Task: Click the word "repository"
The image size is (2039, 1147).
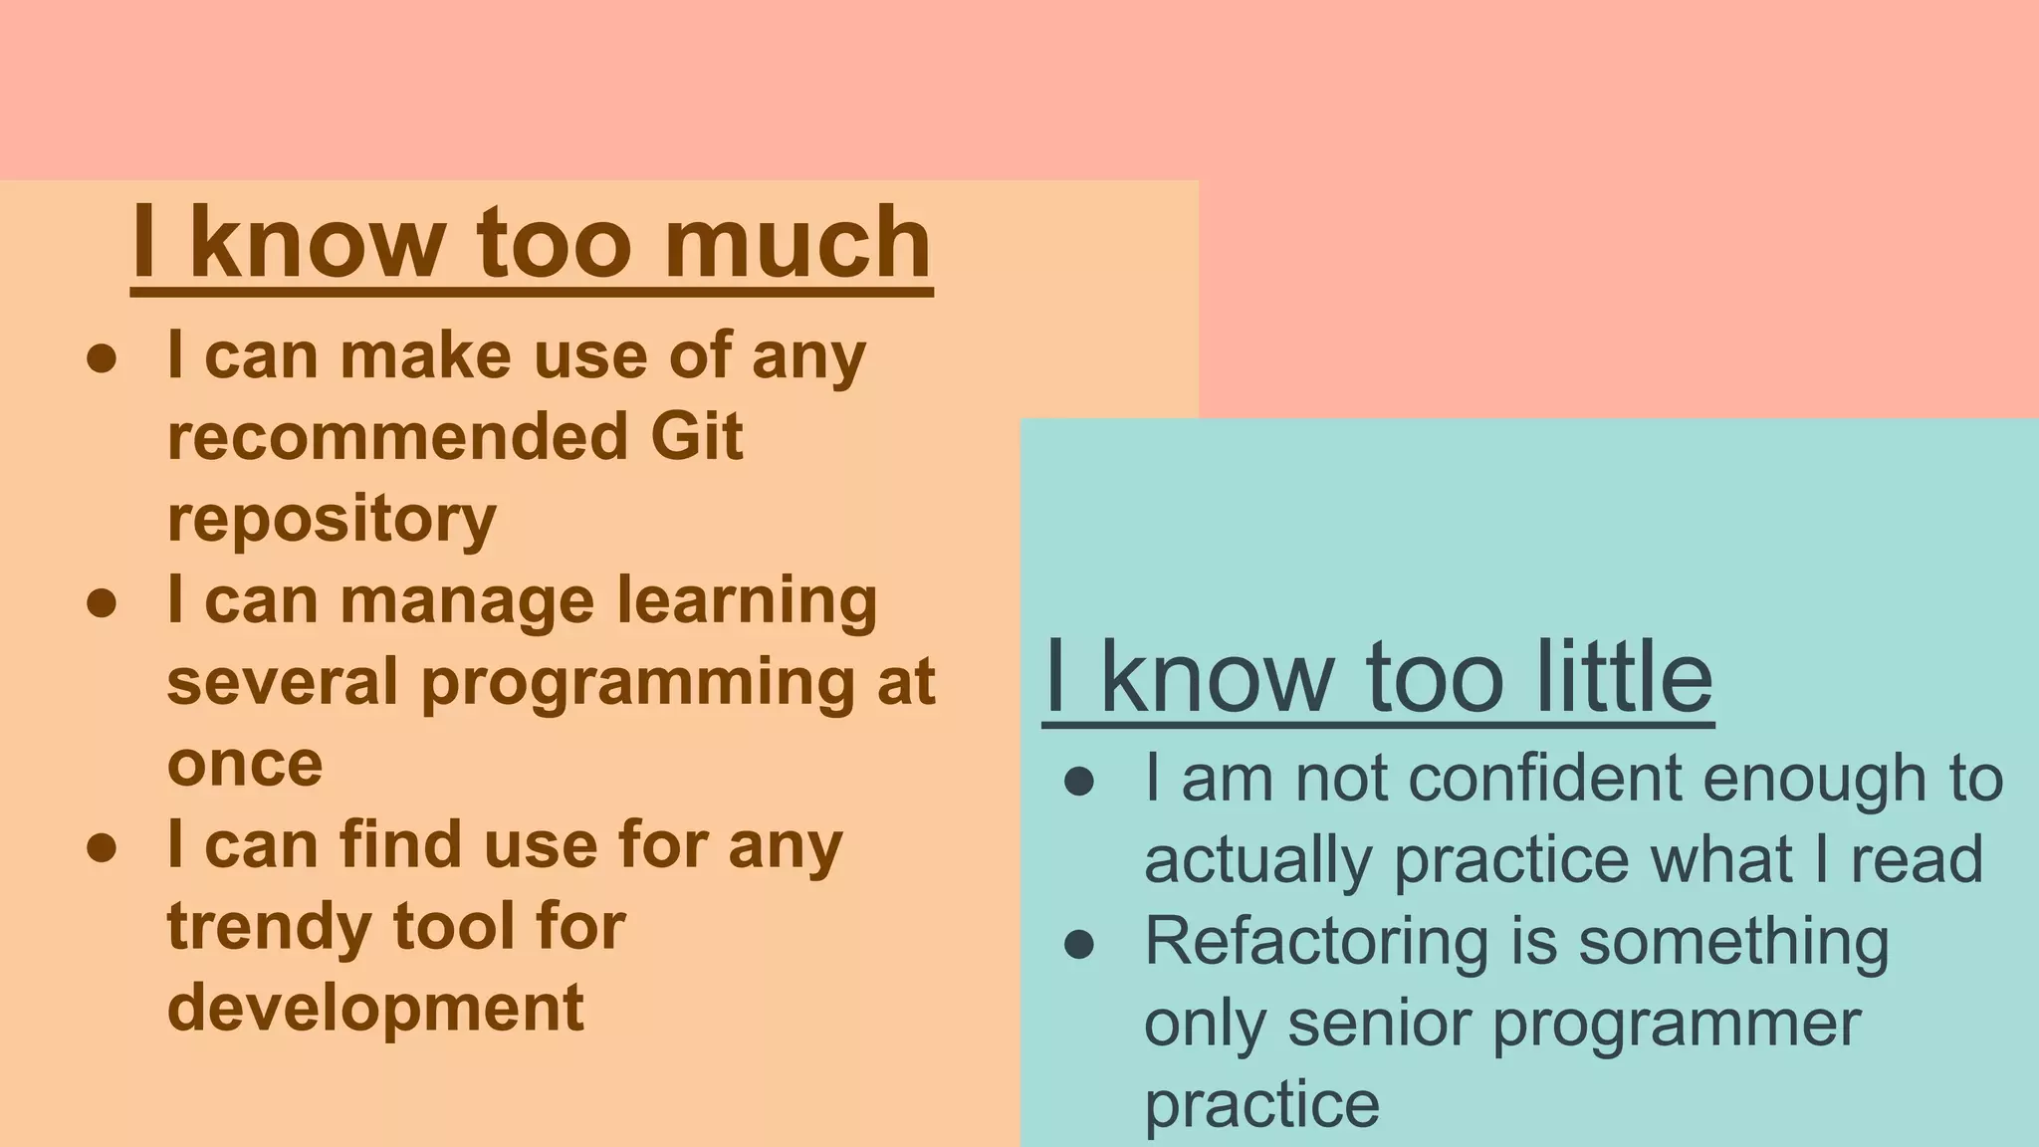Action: [x=332, y=520]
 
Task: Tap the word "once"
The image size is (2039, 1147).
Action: [x=245, y=764]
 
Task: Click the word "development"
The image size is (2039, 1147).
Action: [x=375, y=1008]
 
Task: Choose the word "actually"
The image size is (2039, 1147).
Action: [x=1258, y=860]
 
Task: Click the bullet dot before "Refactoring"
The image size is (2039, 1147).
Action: [x=1079, y=944]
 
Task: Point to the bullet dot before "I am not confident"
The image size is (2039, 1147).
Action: [x=1079, y=782]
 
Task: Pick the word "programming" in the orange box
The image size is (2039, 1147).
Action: [x=637, y=683]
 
